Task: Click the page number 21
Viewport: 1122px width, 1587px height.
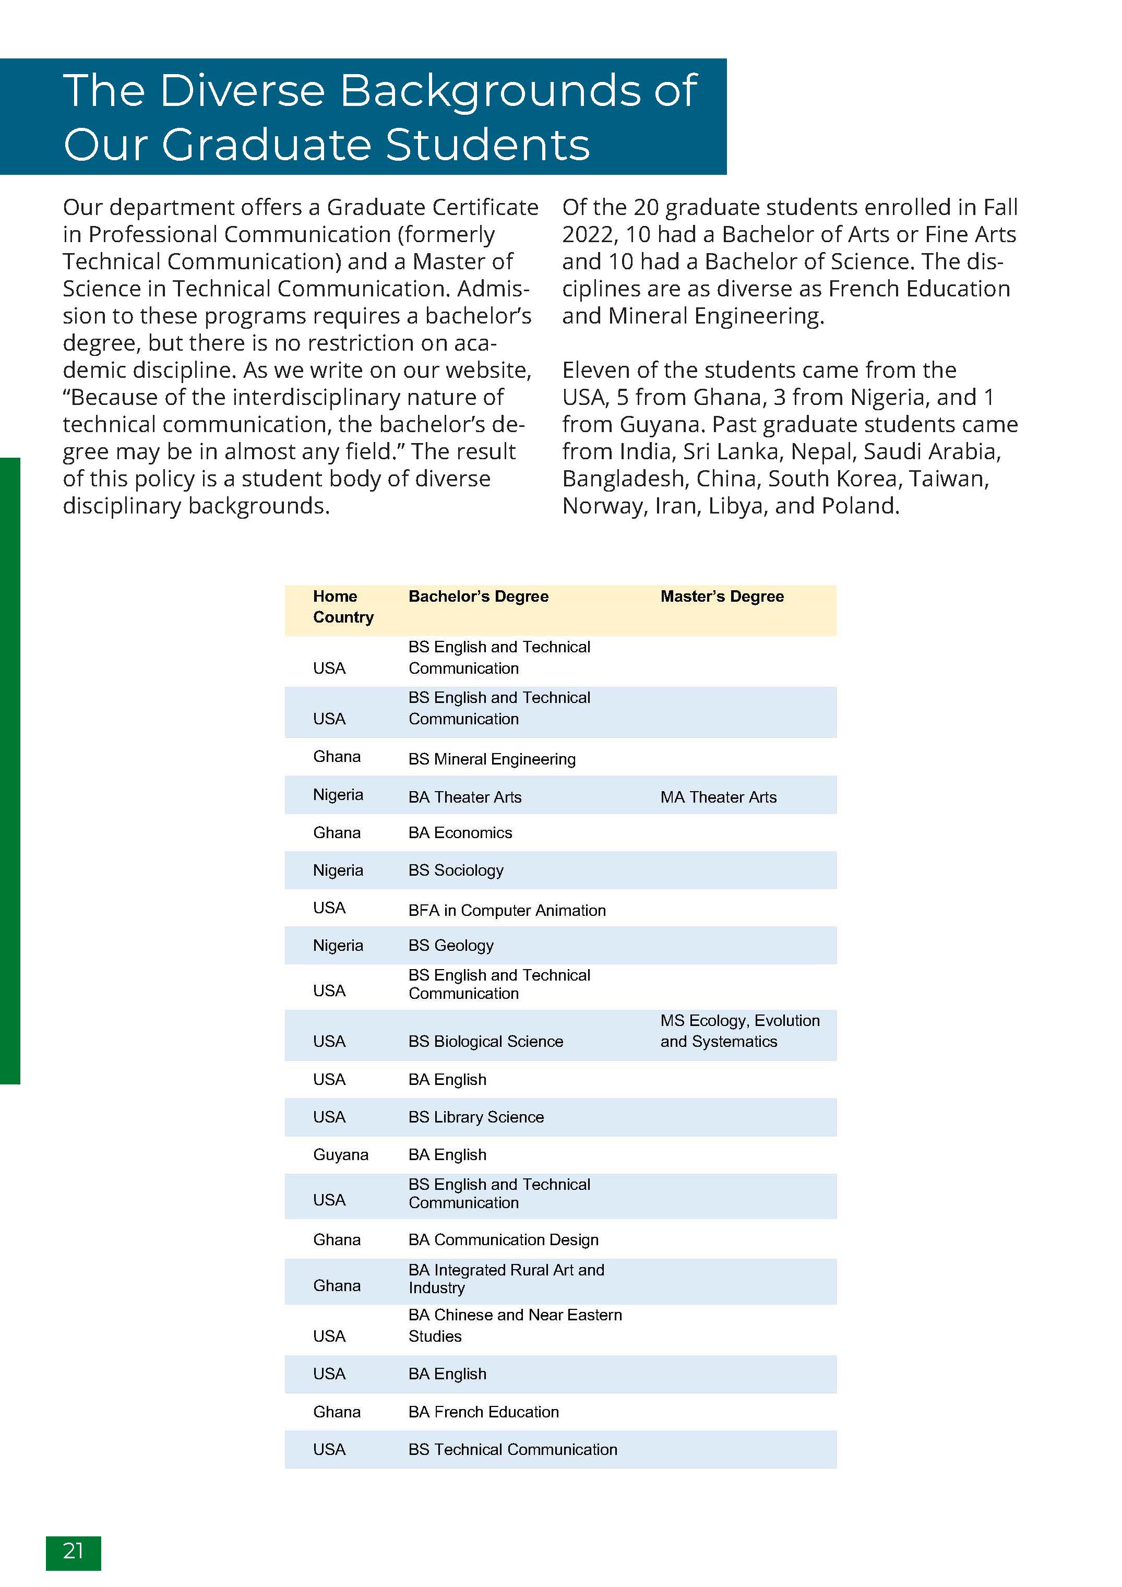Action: click(73, 1551)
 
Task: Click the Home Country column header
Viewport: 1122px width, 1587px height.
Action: click(343, 606)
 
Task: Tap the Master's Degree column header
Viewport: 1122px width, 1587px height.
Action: click(722, 596)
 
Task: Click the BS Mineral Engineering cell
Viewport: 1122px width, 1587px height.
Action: click(492, 759)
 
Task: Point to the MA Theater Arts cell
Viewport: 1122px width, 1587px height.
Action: click(718, 797)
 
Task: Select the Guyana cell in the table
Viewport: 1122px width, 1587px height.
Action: click(340, 1154)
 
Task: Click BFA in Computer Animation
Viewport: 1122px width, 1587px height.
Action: click(507, 910)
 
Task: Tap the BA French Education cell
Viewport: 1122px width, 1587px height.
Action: click(483, 1412)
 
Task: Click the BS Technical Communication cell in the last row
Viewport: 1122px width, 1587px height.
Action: click(512, 1449)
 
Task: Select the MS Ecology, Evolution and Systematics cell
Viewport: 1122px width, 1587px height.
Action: click(739, 1031)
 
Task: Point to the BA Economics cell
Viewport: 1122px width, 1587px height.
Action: click(460, 833)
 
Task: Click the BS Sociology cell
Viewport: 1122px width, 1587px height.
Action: click(456, 870)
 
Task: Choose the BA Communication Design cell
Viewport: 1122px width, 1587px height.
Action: click(503, 1239)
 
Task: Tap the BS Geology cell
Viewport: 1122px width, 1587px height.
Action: click(451, 945)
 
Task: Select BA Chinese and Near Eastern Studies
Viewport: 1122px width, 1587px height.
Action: click(515, 1325)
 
